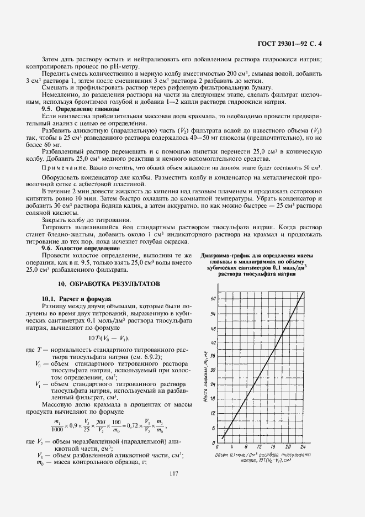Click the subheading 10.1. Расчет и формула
coord(77,299)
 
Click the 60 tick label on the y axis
coord(213,298)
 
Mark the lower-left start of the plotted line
coord(222,438)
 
